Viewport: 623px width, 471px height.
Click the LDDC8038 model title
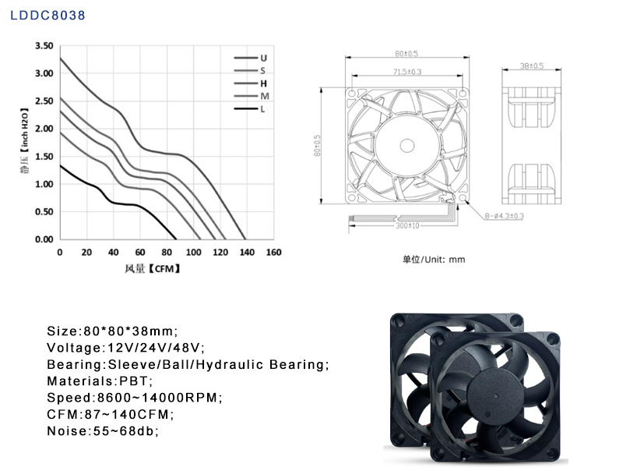click(x=48, y=15)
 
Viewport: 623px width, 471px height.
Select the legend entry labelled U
click(x=251, y=58)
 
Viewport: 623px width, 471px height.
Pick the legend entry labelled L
click(x=250, y=109)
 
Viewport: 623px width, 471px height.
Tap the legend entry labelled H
click(x=251, y=83)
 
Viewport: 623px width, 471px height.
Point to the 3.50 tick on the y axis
click(x=44, y=46)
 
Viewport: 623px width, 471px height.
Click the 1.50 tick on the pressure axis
click(x=44, y=156)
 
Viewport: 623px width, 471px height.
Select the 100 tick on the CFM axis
click(x=193, y=252)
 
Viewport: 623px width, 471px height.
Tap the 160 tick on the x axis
click(x=274, y=252)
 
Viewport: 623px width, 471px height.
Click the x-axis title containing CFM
click(x=153, y=268)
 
